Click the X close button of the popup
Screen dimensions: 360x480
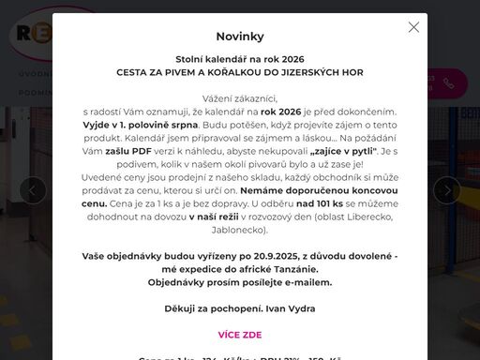coord(413,27)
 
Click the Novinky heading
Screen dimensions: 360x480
coord(240,37)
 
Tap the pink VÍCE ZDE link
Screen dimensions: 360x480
coord(240,334)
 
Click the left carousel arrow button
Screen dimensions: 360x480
coord(33,190)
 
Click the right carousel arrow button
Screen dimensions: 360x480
coord(447,190)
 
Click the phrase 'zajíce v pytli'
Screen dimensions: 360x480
coord(344,150)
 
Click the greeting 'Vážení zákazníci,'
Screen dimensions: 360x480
coord(240,97)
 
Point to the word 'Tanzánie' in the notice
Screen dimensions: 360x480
coord(305,268)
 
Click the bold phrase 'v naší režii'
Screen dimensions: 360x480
coord(217,216)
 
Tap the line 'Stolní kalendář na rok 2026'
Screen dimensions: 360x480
coord(240,58)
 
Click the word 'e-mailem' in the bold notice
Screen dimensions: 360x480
coord(305,281)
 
